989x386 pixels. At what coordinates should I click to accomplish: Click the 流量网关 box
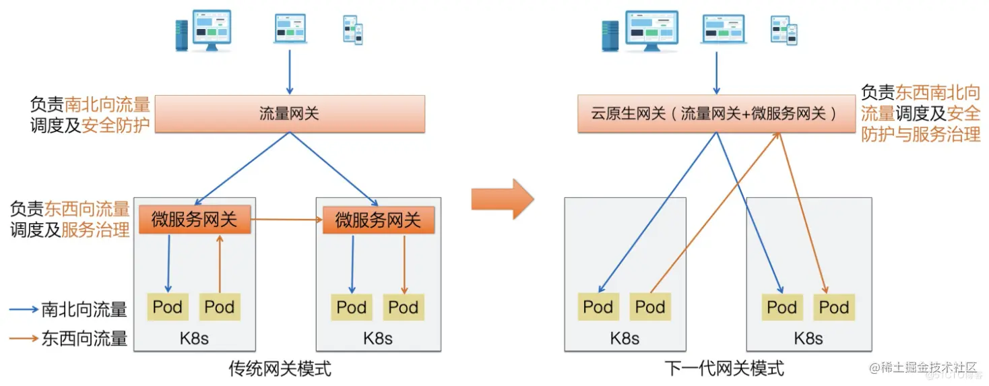[x=290, y=114]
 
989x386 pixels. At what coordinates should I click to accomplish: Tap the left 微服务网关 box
[x=195, y=220]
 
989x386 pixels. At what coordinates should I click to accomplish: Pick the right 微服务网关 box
[x=378, y=220]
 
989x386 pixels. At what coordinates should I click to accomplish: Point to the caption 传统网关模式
[x=280, y=368]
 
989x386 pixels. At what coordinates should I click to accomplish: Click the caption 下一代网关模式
[x=724, y=368]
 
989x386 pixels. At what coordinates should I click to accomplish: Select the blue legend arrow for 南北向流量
[x=24, y=310]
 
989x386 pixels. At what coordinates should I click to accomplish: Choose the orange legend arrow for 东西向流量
[x=24, y=338]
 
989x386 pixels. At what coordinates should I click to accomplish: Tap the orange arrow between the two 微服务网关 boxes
[x=286, y=220]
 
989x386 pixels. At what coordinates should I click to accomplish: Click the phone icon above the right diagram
[x=784, y=30]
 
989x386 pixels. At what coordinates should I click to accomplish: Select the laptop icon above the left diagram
[x=290, y=29]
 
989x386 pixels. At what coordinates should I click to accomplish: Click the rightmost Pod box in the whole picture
[x=833, y=307]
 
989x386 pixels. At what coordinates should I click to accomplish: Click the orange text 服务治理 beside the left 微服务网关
[x=96, y=230]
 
